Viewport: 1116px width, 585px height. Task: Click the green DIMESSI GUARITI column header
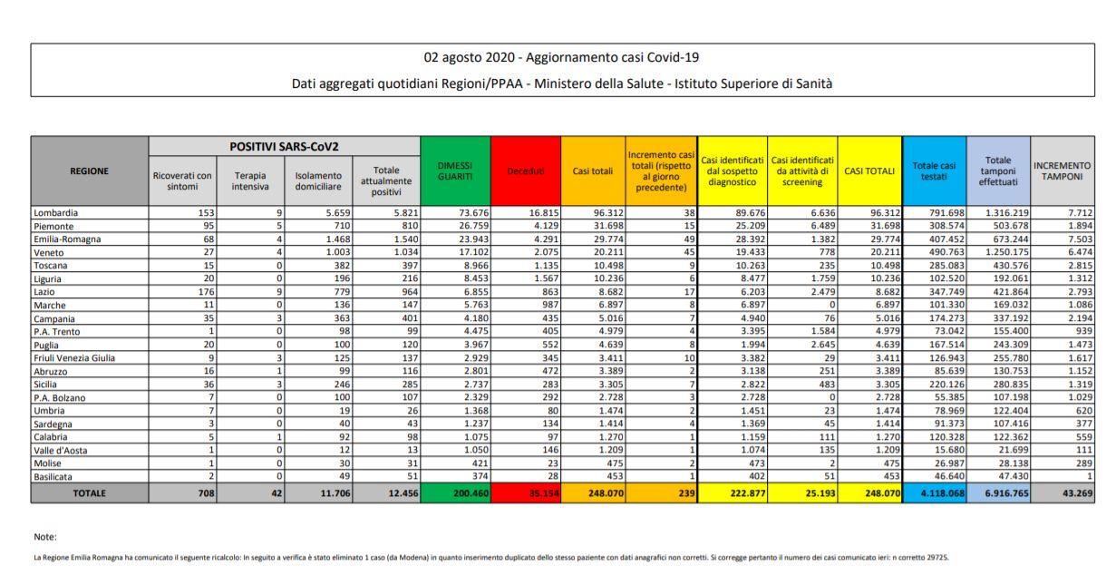(x=455, y=171)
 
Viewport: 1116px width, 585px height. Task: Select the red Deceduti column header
(x=526, y=171)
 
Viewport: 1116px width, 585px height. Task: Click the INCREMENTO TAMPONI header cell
(x=1062, y=171)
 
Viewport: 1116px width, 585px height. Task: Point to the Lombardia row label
(x=57, y=211)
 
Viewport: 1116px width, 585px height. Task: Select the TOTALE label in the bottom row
(x=90, y=493)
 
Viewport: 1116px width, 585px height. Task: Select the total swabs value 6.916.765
(x=997, y=493)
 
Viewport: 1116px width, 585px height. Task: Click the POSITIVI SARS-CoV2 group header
(x=285, y=146)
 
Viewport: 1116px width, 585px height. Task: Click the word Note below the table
(x=45, y=537)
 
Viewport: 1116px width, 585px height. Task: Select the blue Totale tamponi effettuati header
(x=997, y=171)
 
